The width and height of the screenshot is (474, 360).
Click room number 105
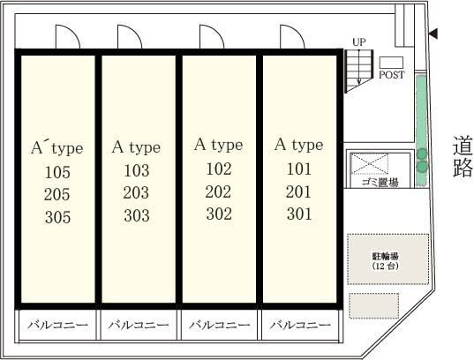click(57, 172)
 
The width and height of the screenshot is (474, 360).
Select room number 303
click(137, 215)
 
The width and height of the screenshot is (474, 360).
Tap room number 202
click(218, 191)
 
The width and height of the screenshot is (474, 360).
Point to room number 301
click(299, 214)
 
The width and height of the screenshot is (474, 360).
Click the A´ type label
click(56, 148)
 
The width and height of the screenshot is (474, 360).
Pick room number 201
click(298, 191)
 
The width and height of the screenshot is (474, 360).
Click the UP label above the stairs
click(359, 42)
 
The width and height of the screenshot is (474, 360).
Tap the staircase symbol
click(359, 71)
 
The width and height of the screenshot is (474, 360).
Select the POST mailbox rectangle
click(392, 63)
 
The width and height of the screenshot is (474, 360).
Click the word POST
click(392, 75)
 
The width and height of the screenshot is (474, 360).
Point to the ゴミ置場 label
click(380, 183)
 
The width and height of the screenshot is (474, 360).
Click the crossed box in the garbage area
click(369, 163)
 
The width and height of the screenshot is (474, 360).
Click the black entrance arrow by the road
click(433, 34)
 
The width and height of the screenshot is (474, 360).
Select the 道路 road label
click(463, 156)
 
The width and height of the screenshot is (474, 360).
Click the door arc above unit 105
click(68, 36)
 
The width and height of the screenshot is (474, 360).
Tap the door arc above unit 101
click(292, 36)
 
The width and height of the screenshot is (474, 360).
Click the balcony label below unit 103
click(139, 326)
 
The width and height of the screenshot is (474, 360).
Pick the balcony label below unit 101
click(300, 326)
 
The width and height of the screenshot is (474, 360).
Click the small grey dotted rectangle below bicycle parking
click(374, 305)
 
